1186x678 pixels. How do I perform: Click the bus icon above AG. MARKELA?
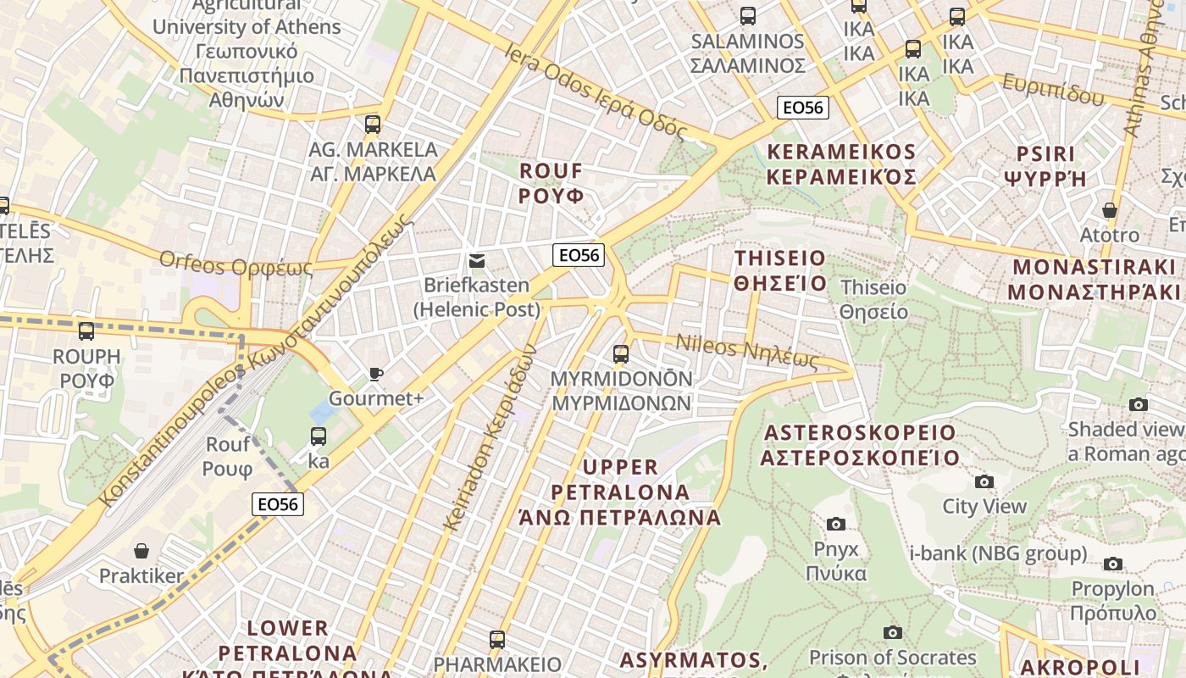pos(373,125)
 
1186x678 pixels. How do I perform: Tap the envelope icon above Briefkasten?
pos(476,260)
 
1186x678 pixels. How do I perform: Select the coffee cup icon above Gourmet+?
pos(376,374)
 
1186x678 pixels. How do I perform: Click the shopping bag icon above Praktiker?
pos(141,552)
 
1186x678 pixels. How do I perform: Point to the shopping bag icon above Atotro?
pos(1110,209)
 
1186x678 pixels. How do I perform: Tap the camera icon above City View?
pos(984,481)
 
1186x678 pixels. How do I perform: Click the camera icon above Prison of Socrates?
pos(892,632)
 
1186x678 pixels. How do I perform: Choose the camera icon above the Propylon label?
pos(1113,564)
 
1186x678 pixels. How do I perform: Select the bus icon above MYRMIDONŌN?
pos(621,353)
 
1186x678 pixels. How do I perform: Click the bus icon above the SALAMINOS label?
pos(747,15)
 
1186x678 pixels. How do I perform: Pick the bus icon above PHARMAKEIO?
pos(497,639)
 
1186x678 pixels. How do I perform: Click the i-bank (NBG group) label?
pos(998,553)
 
